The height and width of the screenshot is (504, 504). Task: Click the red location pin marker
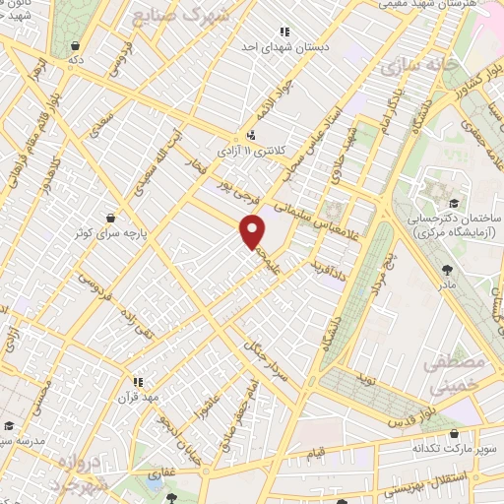coord(253,231)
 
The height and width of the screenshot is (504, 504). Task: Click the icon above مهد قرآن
coord(138,379)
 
